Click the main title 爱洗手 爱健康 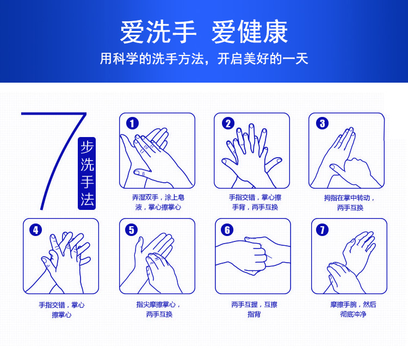point(204,32)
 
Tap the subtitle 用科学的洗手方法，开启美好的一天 point(204,58)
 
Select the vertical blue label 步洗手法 point(87,173)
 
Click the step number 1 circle point(132,123)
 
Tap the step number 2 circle point(228,123)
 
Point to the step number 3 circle point(323,123)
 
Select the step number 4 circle point(36,230)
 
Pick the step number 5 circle point(132,230)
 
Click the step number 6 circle point(227,230)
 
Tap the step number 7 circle point(323,230)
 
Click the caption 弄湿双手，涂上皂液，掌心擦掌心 point(158,202)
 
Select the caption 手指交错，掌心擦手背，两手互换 point(255,202)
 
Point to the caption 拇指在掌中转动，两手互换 point(349,203)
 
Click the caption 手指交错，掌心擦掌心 point(61,309)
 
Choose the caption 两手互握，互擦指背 point(254,309)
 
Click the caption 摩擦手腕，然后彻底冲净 point(353,309)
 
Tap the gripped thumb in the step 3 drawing point(338,169)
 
